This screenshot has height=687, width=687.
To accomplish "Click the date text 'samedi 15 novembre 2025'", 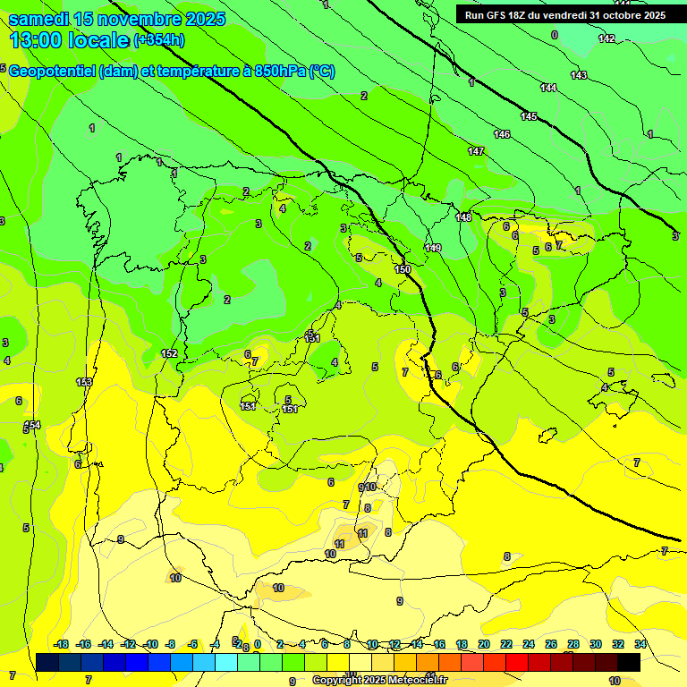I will coord(116,19).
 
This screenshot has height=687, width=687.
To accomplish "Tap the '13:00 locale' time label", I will coord(69,40).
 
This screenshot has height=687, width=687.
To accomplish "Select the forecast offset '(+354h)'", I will coord(159,40).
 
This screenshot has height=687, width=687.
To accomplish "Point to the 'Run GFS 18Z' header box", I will coord(564,14).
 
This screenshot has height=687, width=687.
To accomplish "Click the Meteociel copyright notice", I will coord(380,680).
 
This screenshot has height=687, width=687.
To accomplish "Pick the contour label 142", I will coord(606,38).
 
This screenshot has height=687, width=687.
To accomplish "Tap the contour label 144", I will coord(548,88).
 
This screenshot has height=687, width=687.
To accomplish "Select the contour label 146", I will coord(502,134).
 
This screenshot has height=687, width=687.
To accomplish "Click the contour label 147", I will coord(476,151).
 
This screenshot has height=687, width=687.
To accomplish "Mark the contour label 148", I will coord(463,217).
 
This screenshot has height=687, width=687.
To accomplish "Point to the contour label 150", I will coord(403,269).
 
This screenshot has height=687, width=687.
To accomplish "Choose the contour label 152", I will coord(169,353).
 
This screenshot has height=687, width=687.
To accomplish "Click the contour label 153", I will coord(84,382).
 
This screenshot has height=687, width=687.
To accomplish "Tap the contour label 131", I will coord(312,338).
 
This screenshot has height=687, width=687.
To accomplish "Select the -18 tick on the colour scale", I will coord(61,644).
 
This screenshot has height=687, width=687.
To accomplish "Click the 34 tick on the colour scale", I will coord(640,644).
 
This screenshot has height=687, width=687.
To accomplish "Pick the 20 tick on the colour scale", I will coord(484,644).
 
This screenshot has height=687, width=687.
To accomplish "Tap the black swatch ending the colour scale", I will coord(628,662).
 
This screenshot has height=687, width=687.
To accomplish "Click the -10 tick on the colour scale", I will coord(149,644).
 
